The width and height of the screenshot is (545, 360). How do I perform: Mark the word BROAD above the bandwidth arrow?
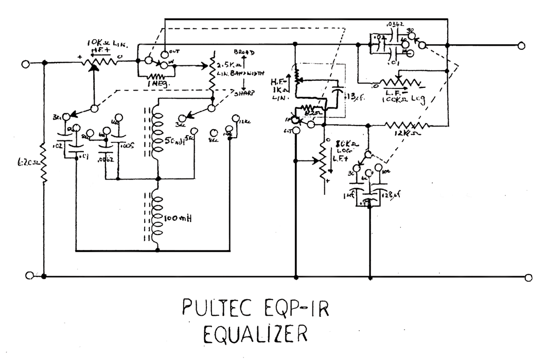pos(244,52)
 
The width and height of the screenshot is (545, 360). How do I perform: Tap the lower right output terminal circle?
pos(529,278)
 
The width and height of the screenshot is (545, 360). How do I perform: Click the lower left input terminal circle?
pos(30,276)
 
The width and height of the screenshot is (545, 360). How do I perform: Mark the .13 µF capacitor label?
pos(351,95)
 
